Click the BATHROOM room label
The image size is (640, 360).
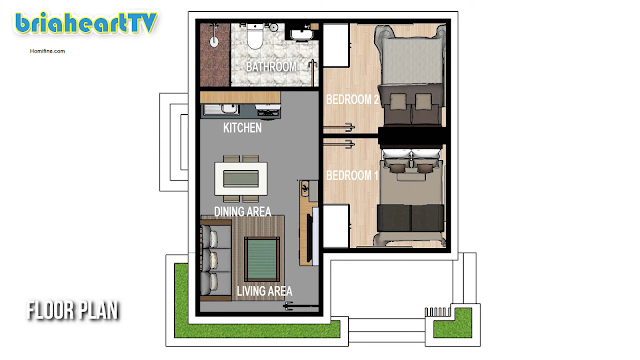coord(271,67)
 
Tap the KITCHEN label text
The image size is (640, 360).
coord(242,128)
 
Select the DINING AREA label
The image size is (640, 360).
coord(242,211)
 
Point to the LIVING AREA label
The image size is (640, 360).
coord(264,291)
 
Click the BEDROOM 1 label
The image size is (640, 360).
coord(352,176)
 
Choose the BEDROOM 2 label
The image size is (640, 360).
coord(352,99)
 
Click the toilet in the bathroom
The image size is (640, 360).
coord(255,36)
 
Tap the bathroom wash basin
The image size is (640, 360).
coord(302,34)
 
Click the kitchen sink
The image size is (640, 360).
coord(221,110)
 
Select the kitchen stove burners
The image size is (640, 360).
coord(268,110)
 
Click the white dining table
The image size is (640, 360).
coord(241,179)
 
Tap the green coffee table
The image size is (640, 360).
coord(262,260)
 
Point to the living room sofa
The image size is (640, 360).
coord(211,260)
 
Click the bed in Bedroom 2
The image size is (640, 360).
coord(411,76)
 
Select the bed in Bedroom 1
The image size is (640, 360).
coord(411,197)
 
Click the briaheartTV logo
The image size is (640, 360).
coord(86,24)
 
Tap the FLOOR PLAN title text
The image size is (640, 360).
coord(73,310)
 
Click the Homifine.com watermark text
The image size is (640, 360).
coord(47,51)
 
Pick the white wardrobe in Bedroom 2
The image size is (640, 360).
coord(336,45)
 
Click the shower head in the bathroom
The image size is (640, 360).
coord(214,41)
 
